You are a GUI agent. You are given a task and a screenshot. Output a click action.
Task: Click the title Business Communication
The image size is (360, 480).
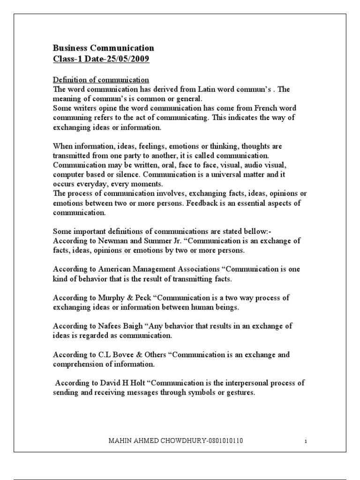pyautogui.click(x=103, y=48)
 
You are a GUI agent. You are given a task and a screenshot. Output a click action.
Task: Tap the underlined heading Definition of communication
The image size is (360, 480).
pyautogui.click(x=101, y=80)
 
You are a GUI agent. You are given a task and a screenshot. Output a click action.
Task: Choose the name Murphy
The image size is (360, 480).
pyautogui.click(x=113, y=298)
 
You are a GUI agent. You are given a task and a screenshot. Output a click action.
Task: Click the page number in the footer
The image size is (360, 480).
pyautogui.click(x=305, y=441)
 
